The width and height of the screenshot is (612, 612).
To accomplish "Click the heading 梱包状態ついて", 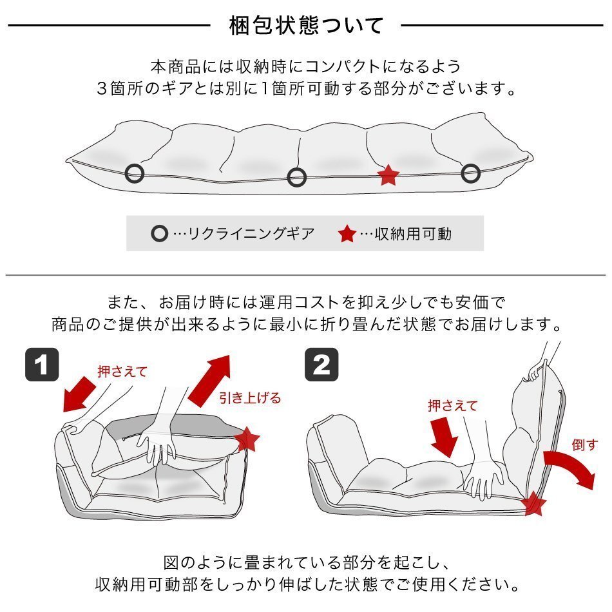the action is point(307,25).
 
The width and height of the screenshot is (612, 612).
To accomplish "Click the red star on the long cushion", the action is point(388,175).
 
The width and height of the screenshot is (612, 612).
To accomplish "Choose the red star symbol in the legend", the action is point(347,234).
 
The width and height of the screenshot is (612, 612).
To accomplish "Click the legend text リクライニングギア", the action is point(251,234).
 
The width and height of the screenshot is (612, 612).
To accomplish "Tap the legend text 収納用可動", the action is point(413,234).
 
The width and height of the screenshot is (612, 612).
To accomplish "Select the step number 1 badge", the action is point(42,365).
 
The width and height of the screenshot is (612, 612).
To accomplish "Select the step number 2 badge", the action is point(321,365).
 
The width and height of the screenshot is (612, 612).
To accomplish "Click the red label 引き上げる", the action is point(250,397).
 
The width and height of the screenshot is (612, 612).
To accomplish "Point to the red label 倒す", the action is point(585,445).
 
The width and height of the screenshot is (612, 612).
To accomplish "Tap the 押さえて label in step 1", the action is point(122,371).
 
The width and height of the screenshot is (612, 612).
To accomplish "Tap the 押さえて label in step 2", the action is point(453,405).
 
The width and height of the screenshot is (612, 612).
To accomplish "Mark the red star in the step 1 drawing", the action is point(247,439).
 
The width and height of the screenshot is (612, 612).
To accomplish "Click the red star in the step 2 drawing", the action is point(533,503).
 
